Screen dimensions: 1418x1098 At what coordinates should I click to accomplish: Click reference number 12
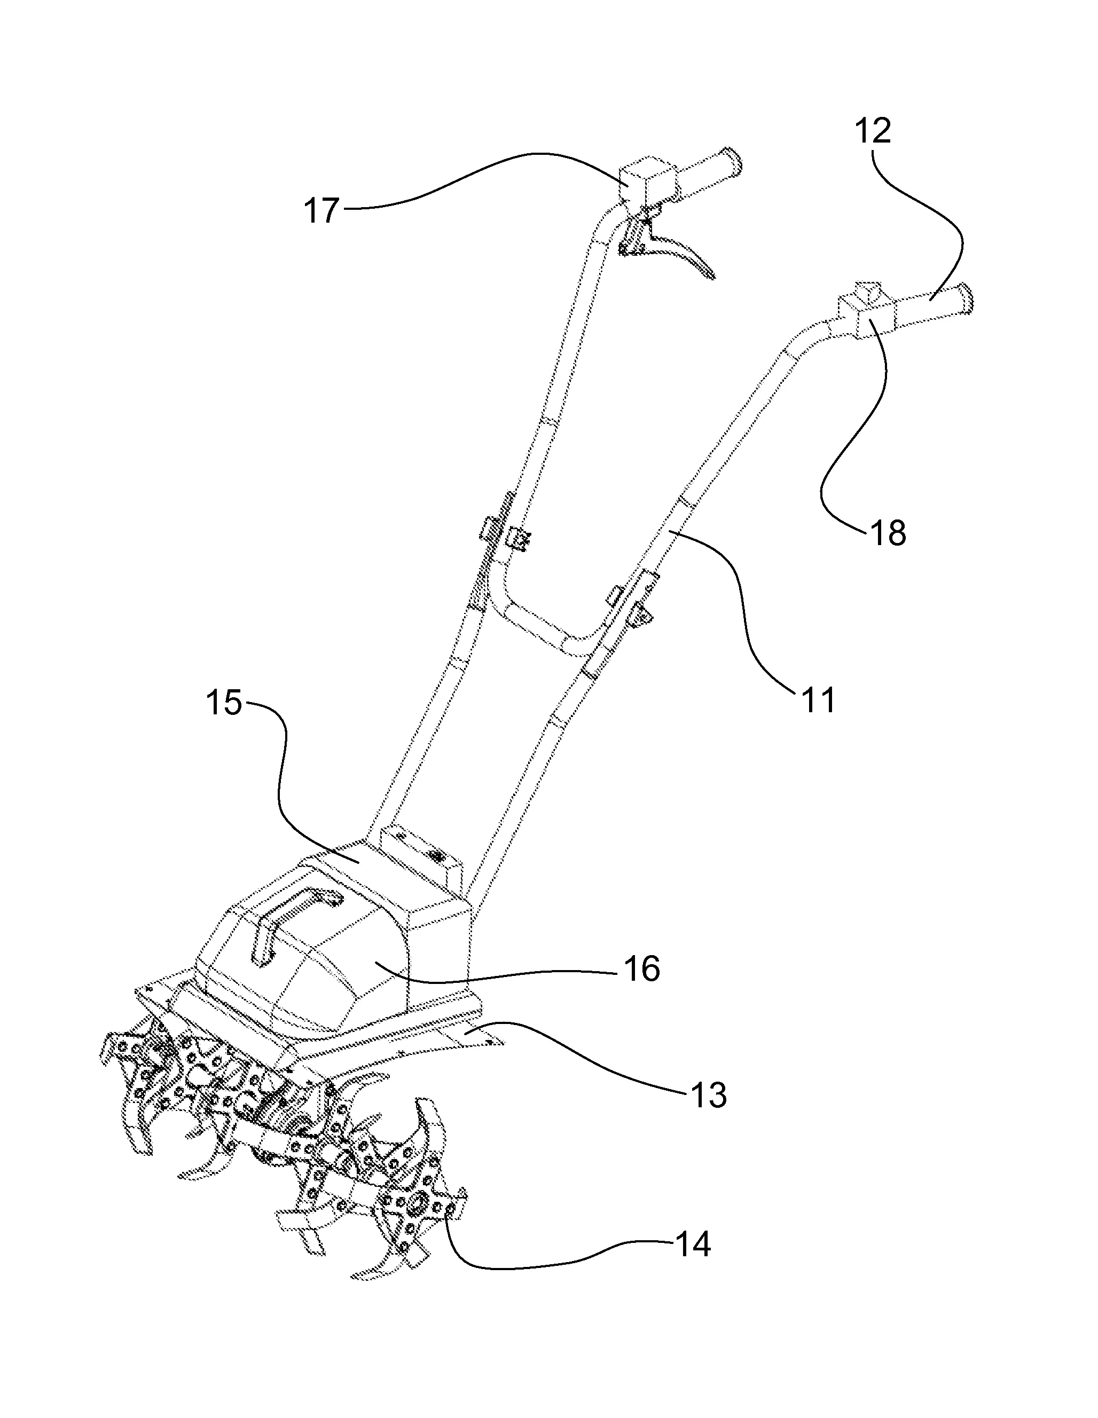click(x=872, y=132)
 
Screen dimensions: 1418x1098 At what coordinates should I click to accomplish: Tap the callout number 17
click(x=321, y=211)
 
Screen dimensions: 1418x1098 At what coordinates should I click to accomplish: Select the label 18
click(x=888, y=534)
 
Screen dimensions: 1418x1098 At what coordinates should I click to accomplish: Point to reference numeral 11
click(x=819, y=700)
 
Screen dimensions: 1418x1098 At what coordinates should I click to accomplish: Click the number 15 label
click(x=224, y=703)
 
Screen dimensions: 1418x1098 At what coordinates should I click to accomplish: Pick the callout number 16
click(x=641, y=970)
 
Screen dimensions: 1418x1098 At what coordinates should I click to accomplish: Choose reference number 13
click(x=708, y=1096)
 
